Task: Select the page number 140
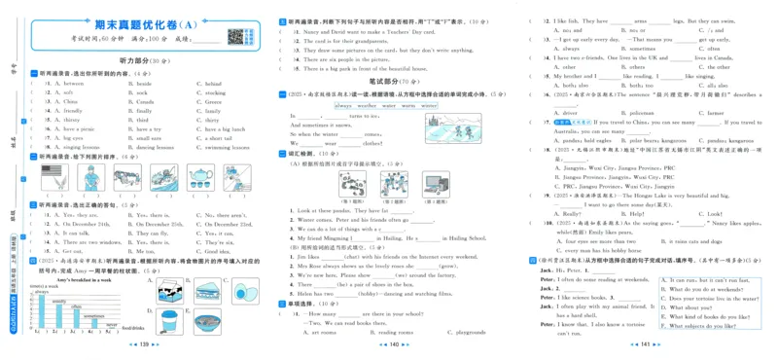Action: click(x=388, y=344)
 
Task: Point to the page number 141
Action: click(x=645, y=344)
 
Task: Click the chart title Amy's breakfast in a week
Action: click(x=68, y=278)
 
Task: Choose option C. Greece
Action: click(x=215, y=101)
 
